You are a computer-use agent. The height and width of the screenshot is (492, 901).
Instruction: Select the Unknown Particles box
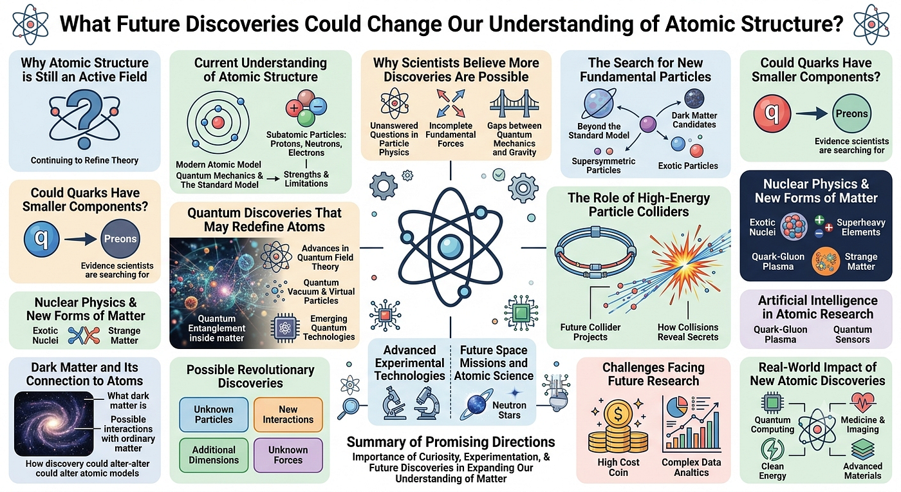[x=214, y=414]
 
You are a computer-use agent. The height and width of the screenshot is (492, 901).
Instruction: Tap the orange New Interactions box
[x=288, y=414]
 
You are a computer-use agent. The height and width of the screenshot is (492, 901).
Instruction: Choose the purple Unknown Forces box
[x=288, y=455]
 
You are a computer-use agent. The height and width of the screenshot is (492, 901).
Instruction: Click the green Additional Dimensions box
[x=214, y=455]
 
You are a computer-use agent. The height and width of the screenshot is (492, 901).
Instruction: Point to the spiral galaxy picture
[x=53, y=424]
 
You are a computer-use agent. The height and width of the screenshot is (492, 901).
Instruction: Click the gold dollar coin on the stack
[x=618, y=413]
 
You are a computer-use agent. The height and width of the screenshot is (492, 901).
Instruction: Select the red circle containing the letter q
[x=772, y=113]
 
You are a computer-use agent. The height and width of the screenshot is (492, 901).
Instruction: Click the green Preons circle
[x=851, y=113]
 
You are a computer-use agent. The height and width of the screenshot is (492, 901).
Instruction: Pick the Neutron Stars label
[x=509, y=410]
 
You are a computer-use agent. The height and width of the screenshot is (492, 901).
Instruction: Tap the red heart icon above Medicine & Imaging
[x=862, y=402]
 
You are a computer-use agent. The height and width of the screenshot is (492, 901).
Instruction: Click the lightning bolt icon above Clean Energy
[x=772, y=449]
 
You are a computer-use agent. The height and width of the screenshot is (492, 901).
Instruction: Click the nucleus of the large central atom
[x=450, y=247]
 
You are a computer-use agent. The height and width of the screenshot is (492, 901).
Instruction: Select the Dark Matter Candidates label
[x=694, y=120]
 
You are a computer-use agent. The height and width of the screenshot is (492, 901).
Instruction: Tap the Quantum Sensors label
[x=852, y=334]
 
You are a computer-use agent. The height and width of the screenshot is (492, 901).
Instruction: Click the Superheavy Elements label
[x=861, y=227]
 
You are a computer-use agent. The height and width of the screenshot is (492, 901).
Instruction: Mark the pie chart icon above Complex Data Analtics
[x=677, y=406]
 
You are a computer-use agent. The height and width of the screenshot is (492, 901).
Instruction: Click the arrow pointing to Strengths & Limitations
[x=273, y=179]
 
